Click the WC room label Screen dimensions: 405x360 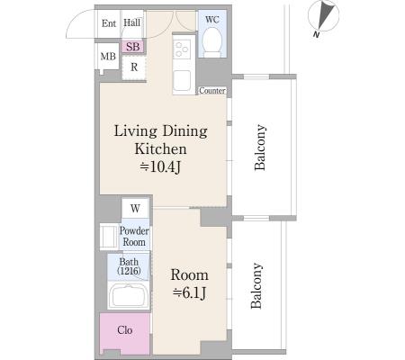pyautogui.click(x=212, y=20)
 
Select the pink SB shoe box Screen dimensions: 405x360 pyautogui.click(x=133, y=47)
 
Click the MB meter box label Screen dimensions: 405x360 pyautogui.click(x=108, y=57)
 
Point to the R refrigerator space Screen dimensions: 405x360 pyautogui.click(x=134, y=67)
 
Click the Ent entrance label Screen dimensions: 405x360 pyautogui.click(x=109, y=23)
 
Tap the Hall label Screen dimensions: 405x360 pyautogui.click(x=132, y=22)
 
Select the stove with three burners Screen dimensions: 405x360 pyautogui.click(x=182, y=49)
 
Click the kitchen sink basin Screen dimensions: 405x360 pyautogui.click(x=182, y=80)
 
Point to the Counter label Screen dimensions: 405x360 pyautogui.click(x=212, y=90)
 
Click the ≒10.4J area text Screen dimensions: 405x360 pyautogui.click(x=160, y=166)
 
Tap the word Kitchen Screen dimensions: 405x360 pyautogui.click(x=160, y=148)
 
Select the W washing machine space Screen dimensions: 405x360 pyautogui.click(x=135, y=208)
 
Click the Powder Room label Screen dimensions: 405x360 pyautogui.click(x=134, y=236)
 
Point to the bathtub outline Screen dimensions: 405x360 pyautogui.click(x=129, y=295)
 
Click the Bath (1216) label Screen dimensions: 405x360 pyautogui.click(x=129, y=266)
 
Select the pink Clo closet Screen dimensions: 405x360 pyautogui.click(x=125, y=334)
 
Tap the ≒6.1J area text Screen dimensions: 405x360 pyautogui.click(x=189, y=292)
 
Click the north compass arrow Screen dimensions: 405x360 pyautogui.click(x=325, y=14)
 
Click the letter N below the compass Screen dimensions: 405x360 pyautogui.click(x=316, y=34)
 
